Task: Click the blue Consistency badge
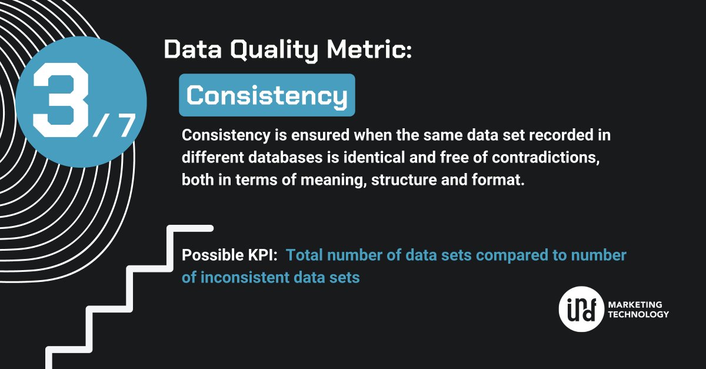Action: pyautogui.click(x=267, y=95)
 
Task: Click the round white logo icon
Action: pyautogui.click(x=580, y=310)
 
